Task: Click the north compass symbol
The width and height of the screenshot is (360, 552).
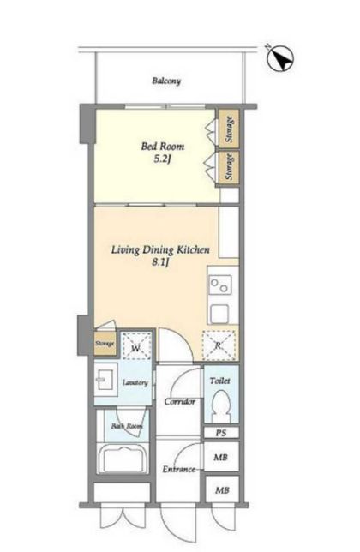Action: click(x=280, y=59)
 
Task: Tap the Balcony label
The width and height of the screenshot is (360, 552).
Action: click(x=166, y=81)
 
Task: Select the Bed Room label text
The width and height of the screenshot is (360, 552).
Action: click(x=163, y=146)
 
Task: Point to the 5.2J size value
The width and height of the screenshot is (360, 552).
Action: click(x=162, y=159)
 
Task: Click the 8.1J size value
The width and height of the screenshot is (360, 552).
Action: click(x=161, y=262)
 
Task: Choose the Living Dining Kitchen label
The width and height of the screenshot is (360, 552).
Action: click(x=160, y=250)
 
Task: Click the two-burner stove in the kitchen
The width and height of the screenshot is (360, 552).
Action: click(x=220, y=285)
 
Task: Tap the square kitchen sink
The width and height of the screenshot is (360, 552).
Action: click(x=220, y=314)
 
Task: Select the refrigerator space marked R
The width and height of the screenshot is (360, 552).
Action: click(x=219, y=345)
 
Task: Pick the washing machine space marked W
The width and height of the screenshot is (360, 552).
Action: click(x=136, y=345)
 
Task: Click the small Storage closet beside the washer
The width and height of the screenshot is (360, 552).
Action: click(x=105, y=343)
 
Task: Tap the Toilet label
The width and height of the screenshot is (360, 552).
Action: click(x=220, y=381)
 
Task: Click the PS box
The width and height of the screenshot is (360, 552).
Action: click(x=222, y=433)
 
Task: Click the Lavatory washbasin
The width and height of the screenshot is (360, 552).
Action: click(x=105, y=380)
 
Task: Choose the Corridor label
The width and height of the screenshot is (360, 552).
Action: click(x=180, y=402)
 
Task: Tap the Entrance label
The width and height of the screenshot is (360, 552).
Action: click(x=179, y=469)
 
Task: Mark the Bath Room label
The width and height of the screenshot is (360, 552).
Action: click(x=127, y=426)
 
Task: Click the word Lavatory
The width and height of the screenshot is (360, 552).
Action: click(x=135, y=382)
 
